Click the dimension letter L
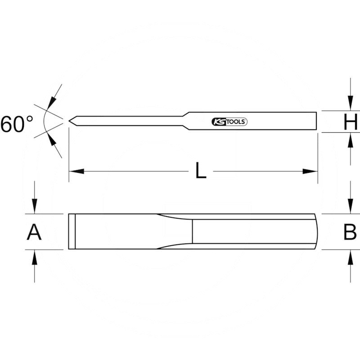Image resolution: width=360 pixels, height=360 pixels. (x=201, y=171)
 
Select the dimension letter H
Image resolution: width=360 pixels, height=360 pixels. (x=350, y=122)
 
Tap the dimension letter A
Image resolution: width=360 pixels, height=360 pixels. (x=34, y=232)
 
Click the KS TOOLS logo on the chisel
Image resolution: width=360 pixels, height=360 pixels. (x=229, y=121)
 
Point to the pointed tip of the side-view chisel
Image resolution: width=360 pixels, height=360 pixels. (x=70, y=120)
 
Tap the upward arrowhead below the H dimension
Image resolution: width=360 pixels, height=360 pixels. (x=351, y=139)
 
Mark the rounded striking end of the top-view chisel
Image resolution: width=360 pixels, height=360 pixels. (x=316, y=232)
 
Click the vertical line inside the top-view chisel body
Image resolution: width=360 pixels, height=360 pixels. (x=192, y=232)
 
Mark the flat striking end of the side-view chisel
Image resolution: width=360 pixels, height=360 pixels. (x=316, y=121)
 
